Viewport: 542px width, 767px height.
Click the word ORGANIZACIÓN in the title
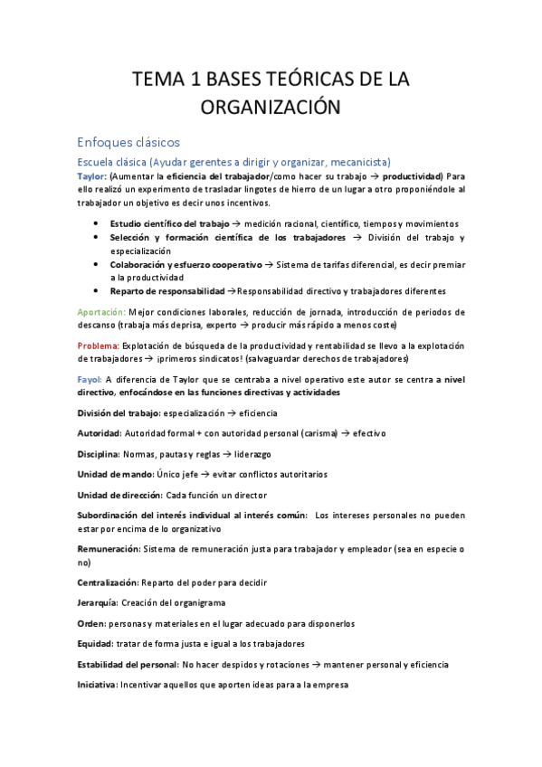pos(271,108)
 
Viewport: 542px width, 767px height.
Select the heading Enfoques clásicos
pos(129,142)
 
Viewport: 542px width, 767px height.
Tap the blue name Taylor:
pos(92,175)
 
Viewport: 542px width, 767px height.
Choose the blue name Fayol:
pos(90,379)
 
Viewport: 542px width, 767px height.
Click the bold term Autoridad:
pos(99,433)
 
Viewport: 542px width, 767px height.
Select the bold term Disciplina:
pos(100,453)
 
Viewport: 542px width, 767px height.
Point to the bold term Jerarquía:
pos(100,602)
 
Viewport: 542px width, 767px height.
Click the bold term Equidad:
pos(96,643)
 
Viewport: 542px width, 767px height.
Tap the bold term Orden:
pos(91,623)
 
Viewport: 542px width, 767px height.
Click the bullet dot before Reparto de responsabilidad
pos(98,291)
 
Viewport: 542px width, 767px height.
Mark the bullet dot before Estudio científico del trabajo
pos(98,223)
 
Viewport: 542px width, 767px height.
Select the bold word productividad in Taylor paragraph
pos(412,175)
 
